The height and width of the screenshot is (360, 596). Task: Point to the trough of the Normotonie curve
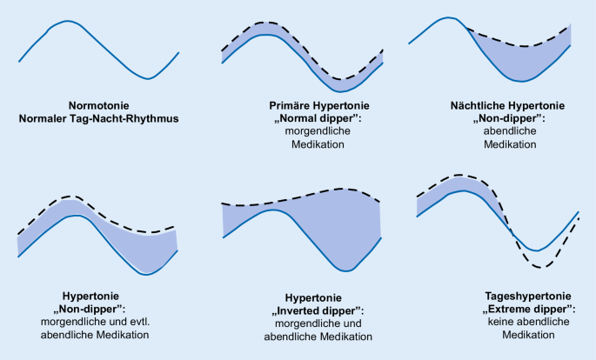tap(149, 79)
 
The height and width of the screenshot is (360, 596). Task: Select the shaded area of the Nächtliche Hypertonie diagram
tap(522, 61)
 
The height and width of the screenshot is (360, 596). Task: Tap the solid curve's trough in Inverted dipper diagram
tap(352, 270)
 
